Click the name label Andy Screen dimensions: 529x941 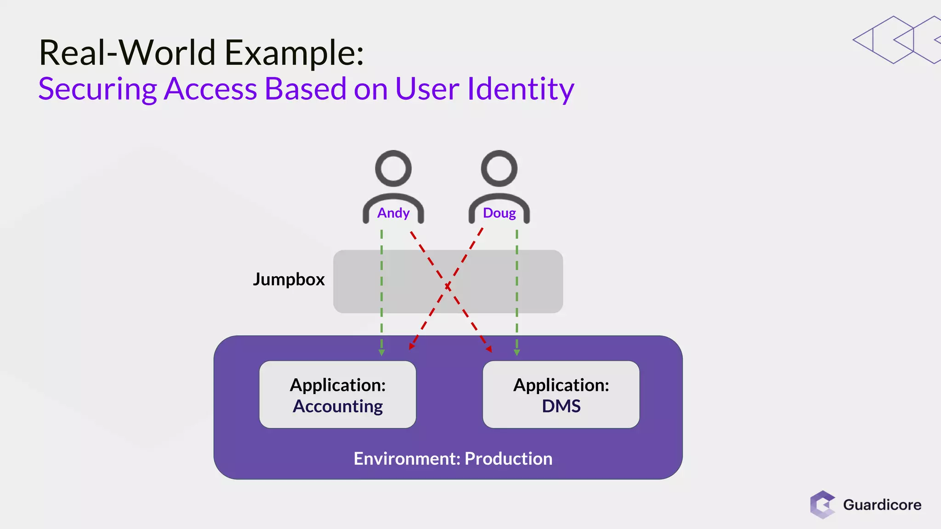[x=393, y=213]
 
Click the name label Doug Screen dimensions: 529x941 [x=499, y=213]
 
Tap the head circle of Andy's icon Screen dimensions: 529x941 [x=393, y=169]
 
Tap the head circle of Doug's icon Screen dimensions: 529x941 [x=499, y=169]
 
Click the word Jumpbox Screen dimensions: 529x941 [x=289, y=279]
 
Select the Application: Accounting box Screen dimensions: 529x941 [x=338, y=395]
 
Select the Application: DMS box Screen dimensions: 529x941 [x=561, y=395]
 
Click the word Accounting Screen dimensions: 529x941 [x=338, y=406]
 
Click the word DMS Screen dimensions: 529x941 [x=561, y=406]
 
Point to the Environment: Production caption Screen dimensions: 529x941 [x=453, y=459]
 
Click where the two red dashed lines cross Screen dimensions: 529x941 [x=448, y=287]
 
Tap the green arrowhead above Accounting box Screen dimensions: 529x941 [x=381, y=352]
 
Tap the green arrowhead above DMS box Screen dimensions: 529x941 [x=517, y=352]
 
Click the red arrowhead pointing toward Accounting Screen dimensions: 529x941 [x=412, y=345]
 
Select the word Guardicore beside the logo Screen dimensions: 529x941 [x=882, y=505]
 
